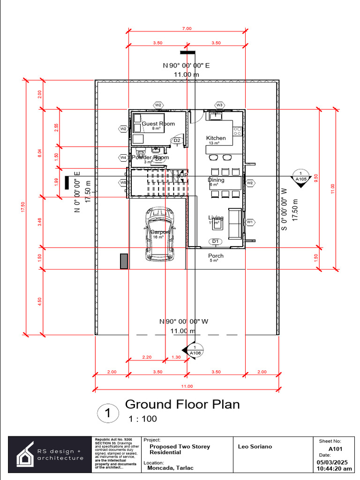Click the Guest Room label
[x=158, y=124]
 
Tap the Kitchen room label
[x=216, y=138]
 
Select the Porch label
[x=216, y=256]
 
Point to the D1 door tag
[x=216, y=241]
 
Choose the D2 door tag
[x=177, y=141]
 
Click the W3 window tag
[x=219, y=105]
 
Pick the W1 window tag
[x=250, y=222]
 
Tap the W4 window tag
[x=123, y=157]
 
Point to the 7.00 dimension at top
[x=187, y=29]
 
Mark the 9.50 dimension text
[x=317, y=178]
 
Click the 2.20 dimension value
[x=147, y=357]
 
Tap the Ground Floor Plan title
[x=182, y=404]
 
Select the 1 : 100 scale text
[x=142, y=419]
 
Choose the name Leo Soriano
[x=255, y=447]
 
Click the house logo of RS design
[x=24, y=454]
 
